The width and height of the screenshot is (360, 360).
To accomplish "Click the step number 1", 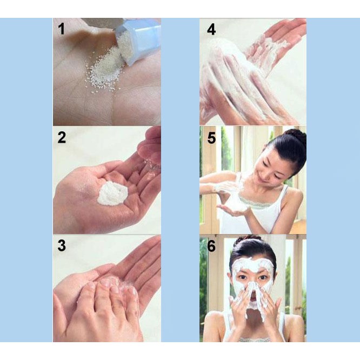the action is (x=61, y=29).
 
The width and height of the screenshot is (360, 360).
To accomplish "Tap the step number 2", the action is (x=62, y=137).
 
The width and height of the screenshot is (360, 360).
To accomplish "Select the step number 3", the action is (x=62, y=245).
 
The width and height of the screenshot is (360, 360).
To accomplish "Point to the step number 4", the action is (x=211, y=29).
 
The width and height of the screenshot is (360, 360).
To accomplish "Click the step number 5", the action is (x=211, y=138).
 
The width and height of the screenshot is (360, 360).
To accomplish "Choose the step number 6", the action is (x=211, y=246).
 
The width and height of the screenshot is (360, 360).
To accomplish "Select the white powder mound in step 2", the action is (x=112, y=193).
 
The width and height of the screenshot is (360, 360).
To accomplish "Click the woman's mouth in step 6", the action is (x=252, y=299).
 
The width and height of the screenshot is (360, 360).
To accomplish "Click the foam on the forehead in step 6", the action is (x=252, y=266).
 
